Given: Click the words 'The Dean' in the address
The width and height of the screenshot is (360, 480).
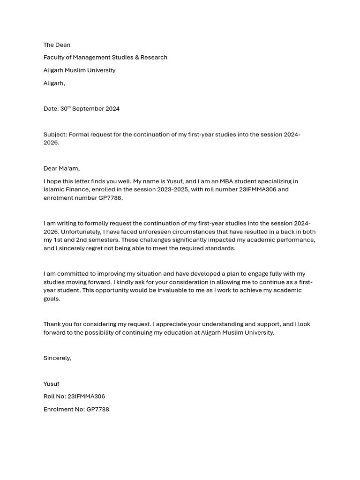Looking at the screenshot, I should tap(57, 45).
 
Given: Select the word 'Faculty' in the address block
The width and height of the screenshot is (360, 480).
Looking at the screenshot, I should tap(54, 58).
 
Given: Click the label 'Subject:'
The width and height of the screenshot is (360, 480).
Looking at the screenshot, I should tap(55, 135).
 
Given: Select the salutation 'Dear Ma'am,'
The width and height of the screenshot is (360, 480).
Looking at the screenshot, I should tap(61, 169).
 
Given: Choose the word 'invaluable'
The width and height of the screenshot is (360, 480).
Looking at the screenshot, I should tap(160, 291).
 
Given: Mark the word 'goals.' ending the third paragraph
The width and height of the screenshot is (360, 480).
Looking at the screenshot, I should tap(52, 299).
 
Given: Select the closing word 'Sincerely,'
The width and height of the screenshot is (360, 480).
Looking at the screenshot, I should tap(57, 358).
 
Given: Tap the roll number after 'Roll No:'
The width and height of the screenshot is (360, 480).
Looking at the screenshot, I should tap(86, 397).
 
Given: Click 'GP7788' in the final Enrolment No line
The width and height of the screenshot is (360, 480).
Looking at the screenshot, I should tap(97, 409).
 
